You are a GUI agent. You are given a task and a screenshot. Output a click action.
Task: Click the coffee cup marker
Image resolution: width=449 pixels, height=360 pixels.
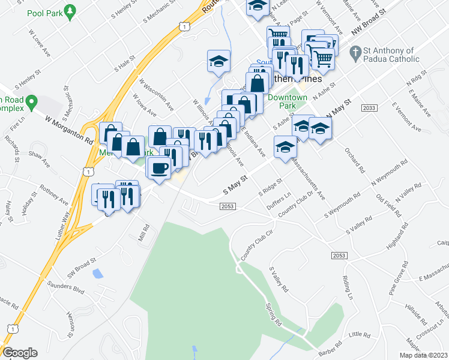[x=159, y=169]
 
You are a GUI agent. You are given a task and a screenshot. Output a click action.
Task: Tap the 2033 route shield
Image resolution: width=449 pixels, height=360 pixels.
[x=370, y=107]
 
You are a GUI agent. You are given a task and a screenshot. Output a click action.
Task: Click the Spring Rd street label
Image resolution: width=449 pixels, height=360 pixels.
[x=274, y=313]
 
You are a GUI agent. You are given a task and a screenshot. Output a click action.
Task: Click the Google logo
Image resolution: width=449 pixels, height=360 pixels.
[x=20, y=353]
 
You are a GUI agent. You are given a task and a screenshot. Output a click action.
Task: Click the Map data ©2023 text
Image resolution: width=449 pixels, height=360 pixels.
[x=422, y=355]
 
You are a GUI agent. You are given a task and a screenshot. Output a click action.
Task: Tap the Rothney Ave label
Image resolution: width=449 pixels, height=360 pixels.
[x=55, y=192]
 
